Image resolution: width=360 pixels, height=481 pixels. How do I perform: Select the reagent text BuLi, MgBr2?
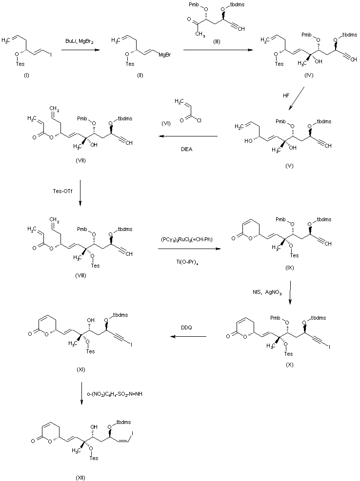pyautogui.click(x=80, y=42)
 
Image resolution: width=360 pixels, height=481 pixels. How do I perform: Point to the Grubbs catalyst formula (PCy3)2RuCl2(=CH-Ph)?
pyautogui.click(x=187, y=240)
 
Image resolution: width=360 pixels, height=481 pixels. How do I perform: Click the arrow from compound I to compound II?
pyautogui.click(x=80, y=49)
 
